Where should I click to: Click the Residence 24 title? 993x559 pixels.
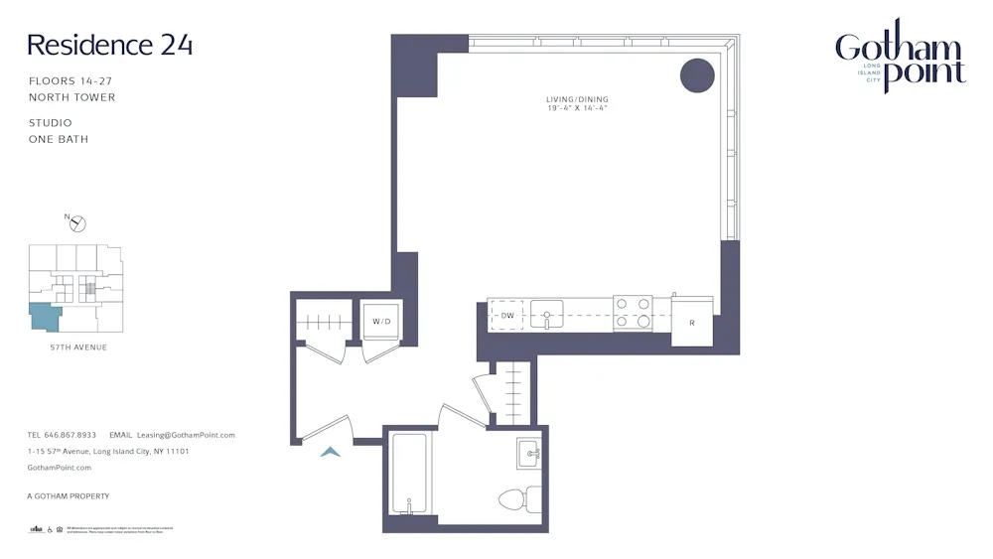(x=109, y=45)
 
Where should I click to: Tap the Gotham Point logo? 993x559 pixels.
(x=899, y=58)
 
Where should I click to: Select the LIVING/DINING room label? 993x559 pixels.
(x=577, y=99)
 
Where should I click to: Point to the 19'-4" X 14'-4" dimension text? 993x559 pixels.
(x=577, y=108)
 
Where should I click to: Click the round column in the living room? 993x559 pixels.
(x=697, y=76)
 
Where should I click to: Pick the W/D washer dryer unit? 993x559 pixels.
(x=382, y=321)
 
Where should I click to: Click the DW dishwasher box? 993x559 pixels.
(x=507, y=316)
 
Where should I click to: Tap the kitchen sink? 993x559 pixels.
(x=546, y=316)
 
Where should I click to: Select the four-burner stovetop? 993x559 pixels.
(x=633, y=313)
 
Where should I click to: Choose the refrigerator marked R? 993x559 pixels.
(x=691, y=323)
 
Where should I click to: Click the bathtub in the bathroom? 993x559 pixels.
(x=409, y=475)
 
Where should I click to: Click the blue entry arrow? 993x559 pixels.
(x=331, y=453)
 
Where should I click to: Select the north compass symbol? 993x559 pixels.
(x=78, y=223)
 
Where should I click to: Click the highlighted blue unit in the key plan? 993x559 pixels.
(x=44, y=317)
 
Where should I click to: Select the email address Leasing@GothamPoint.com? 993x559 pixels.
(x=186, y=435)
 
